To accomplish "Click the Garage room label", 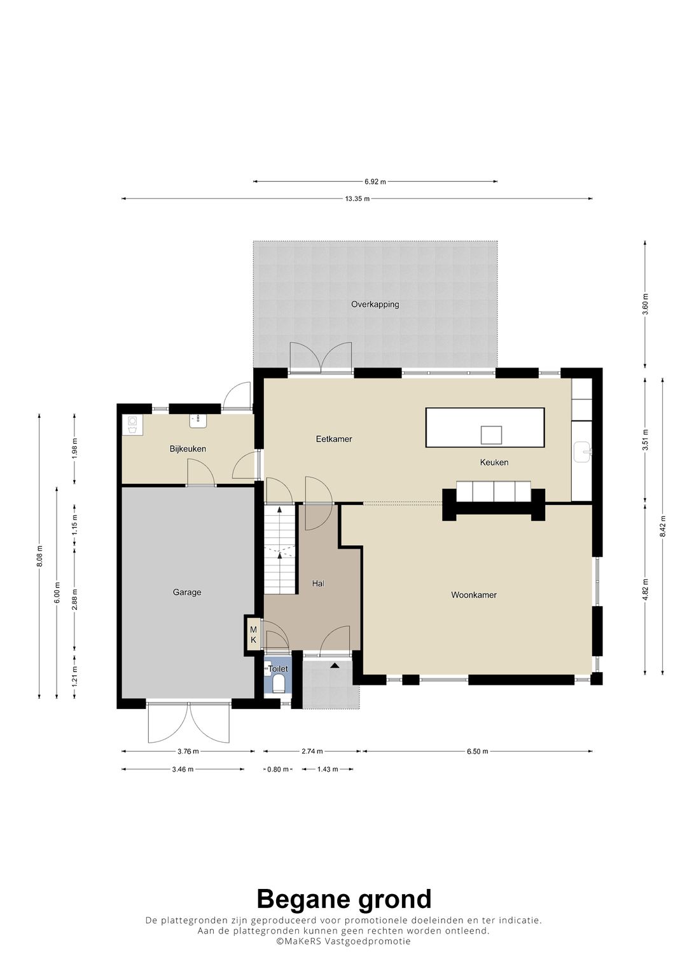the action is point(187,592).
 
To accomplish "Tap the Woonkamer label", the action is point(474,595).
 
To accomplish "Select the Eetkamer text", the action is point(334,439).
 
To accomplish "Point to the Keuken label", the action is point(494,462).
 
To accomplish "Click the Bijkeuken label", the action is point(188,449).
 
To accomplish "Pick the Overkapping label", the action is point(375,305).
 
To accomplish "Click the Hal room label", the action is point(318,584).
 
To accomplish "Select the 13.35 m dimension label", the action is point(357,198).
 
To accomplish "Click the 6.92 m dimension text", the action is point(375,182).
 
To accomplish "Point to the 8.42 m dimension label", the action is point(662,527).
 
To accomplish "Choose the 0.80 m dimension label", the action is point(278,769).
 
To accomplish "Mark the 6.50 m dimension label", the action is point(478,751).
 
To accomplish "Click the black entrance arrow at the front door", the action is point(334,665).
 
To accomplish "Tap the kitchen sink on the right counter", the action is point(582,451).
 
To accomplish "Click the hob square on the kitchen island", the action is point(491,435).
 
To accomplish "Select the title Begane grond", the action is point(344,899).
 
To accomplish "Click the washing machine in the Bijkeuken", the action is point(133,425).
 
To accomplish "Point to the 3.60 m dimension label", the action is point(646,304).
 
